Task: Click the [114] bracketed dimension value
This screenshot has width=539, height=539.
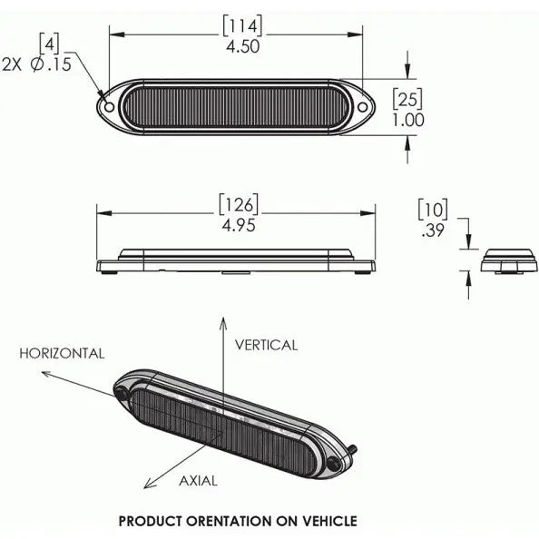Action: point(242,25)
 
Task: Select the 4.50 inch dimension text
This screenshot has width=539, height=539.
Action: point(242,47)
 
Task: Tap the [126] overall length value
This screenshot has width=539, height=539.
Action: point(239,204)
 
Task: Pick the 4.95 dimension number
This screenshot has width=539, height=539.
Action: point(239,226)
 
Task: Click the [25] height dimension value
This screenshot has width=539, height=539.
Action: point(407,99)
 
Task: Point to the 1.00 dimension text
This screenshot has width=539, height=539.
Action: point(408,121)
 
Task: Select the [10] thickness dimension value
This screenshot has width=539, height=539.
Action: point(433,210)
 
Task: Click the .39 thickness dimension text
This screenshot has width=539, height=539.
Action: point(433,230)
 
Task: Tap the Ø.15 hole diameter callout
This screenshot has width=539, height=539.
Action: point(51,64)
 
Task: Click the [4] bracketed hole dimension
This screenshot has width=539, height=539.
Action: point(49,43)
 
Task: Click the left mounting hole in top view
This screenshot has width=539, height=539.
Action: point(109,107)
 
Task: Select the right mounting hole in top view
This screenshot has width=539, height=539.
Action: point(362,107)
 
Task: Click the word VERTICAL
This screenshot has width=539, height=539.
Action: point(266,345)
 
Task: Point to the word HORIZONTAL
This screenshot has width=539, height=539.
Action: point(62,353)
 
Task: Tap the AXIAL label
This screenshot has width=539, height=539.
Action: point(198,481)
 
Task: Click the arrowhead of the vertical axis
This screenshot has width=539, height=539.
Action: point(223,323)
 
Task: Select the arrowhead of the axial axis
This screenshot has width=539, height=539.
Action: point(149,484)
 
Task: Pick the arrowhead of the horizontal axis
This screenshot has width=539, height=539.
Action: point(47,374)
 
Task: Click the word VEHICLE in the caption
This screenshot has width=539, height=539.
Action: point(330,521)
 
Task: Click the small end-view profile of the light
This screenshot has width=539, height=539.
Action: point(508,261)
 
